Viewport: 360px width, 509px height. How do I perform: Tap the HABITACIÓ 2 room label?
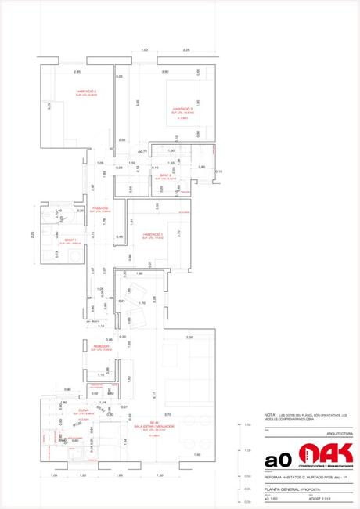183,109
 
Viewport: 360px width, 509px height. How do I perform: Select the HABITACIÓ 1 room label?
152,234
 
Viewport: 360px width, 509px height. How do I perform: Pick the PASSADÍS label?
99,208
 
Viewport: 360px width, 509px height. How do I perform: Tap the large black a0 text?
277,460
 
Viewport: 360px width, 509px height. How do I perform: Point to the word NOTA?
270,415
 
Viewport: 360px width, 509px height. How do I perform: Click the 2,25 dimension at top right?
185,50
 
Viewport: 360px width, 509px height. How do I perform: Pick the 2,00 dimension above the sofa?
189,337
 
